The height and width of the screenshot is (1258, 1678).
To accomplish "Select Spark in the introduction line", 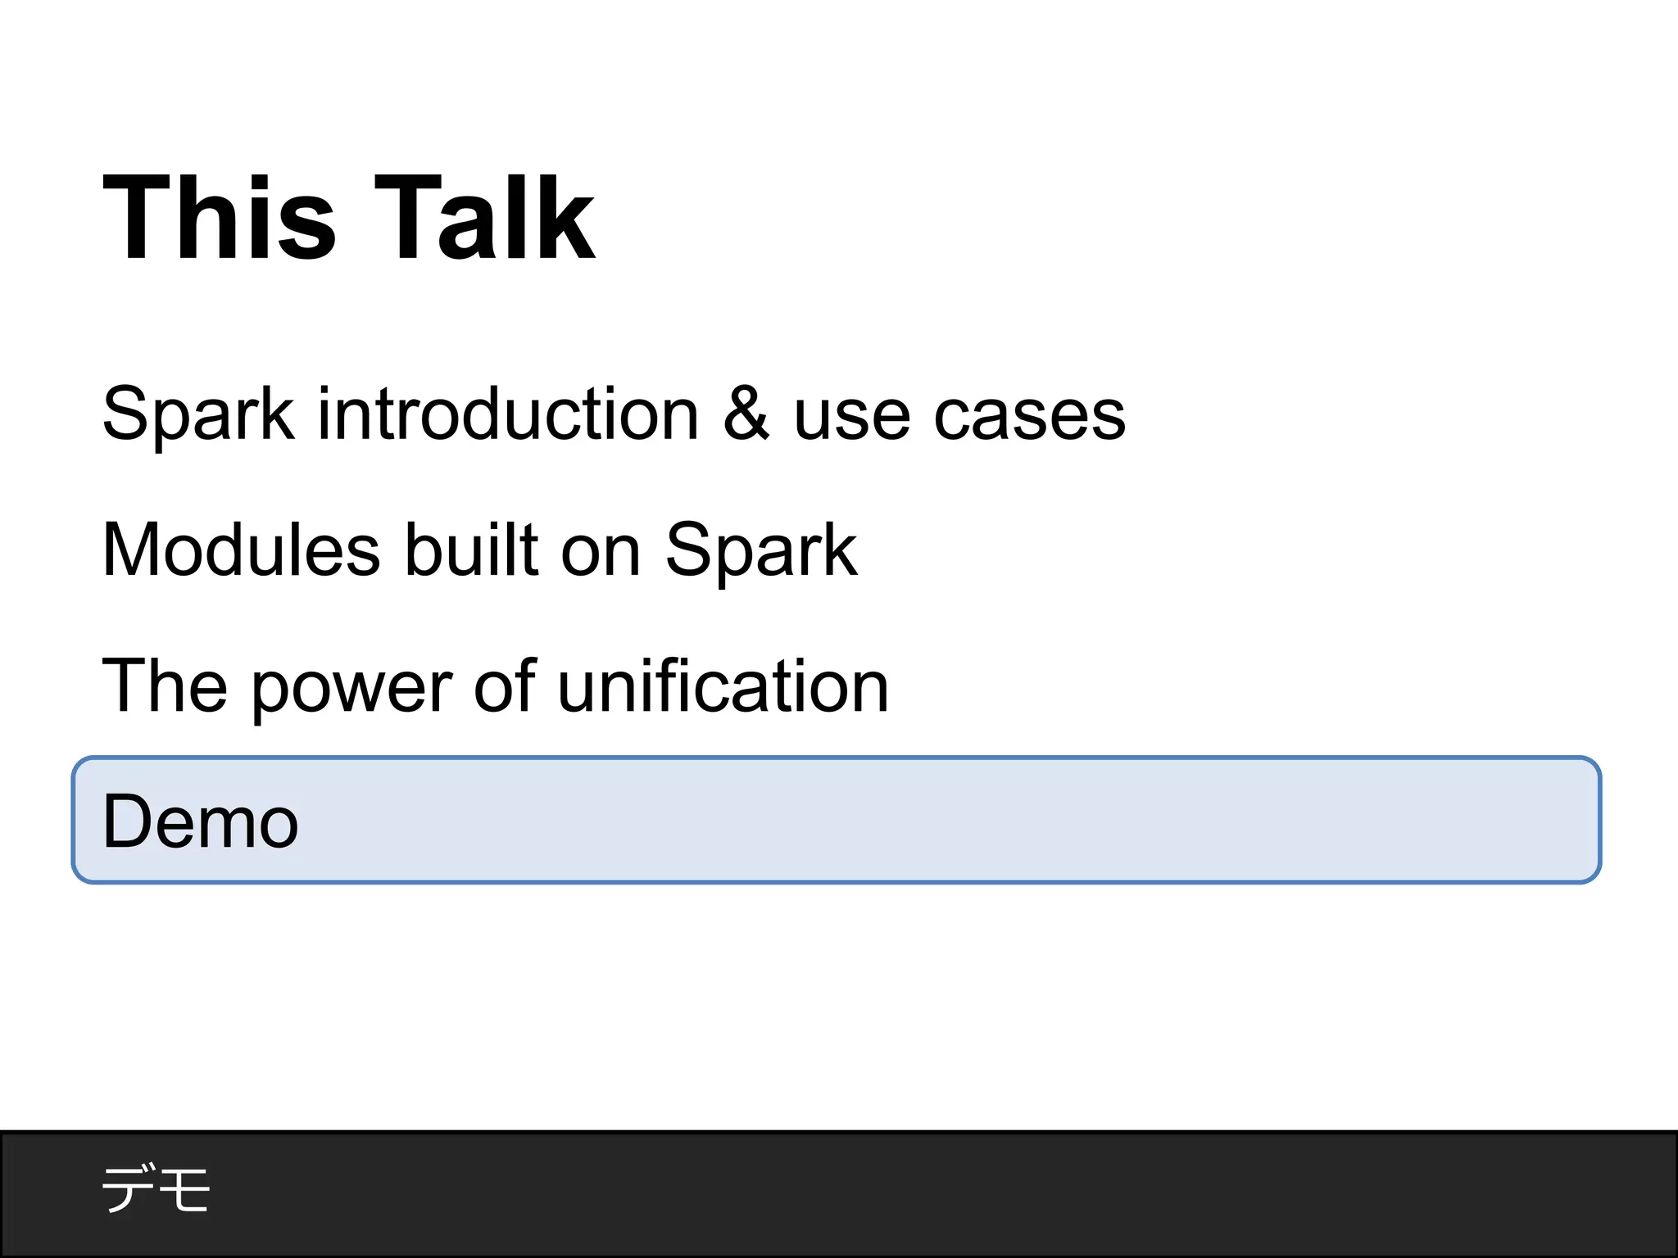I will pyautogui.click(x=197, y=414).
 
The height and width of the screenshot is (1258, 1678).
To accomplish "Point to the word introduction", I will pyautogui.click(x=508, y=414).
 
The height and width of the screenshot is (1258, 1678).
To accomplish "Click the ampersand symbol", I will pyautogui.click(x=746, y=414).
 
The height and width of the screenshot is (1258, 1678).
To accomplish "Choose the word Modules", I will pyautogui.click(x=242, y=550).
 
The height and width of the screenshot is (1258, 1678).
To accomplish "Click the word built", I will pyautogui.click(x=472, y=550).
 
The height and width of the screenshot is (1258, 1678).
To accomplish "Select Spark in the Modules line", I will pyautogui.click(x=760, y=550).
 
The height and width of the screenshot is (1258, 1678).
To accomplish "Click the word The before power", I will pyautogui.click(x=164, y=686).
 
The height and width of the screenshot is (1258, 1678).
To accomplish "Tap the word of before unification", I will pyautogui.click(x=506, y=686).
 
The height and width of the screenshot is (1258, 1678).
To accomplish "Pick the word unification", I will pyautogui.click(x=723, y=686).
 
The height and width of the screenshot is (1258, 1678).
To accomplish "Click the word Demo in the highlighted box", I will pyautogui.click(x=201, y=821).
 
